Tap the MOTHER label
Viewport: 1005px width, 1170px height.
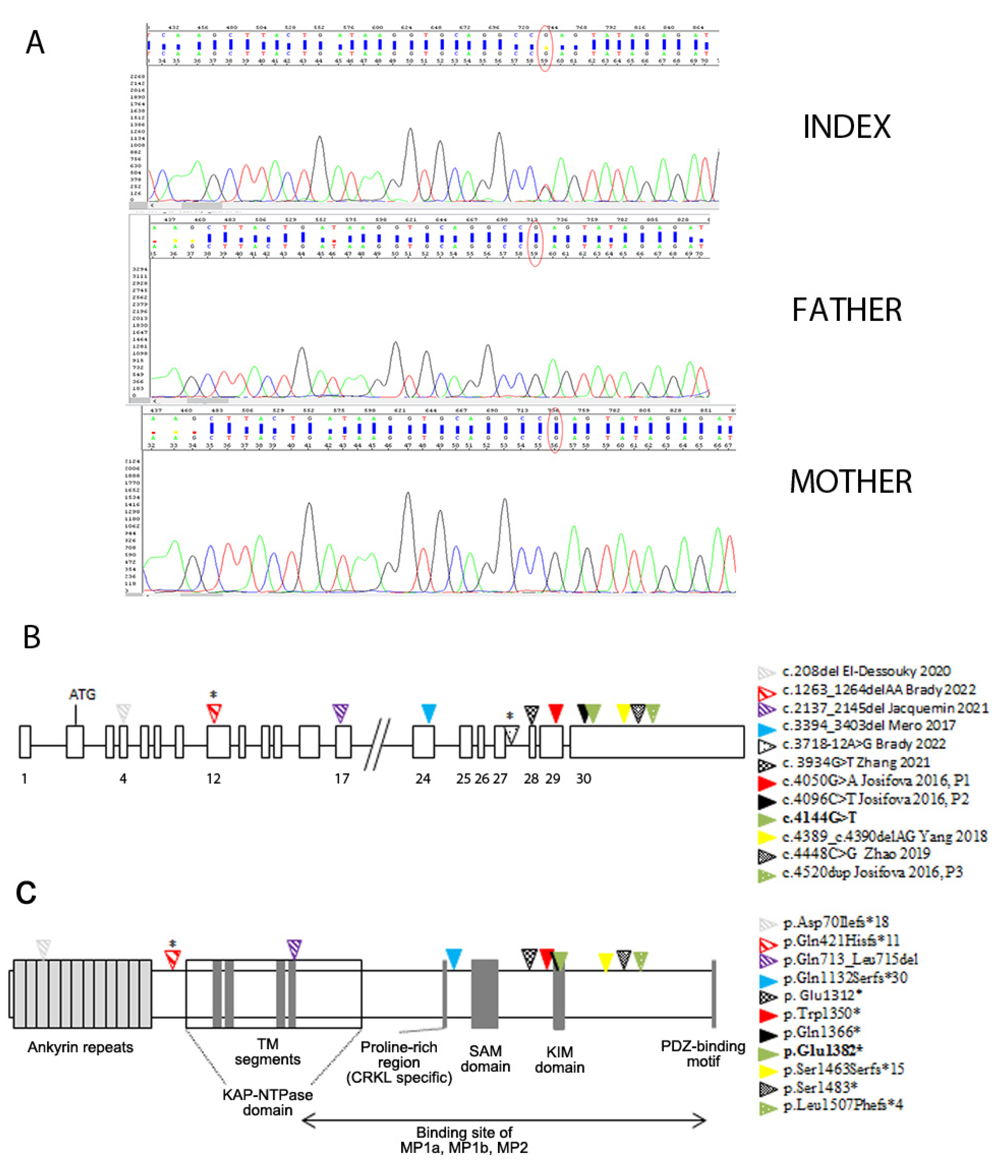850,482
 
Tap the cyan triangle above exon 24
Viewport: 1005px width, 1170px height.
429,713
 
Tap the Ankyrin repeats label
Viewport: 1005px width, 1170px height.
80,1047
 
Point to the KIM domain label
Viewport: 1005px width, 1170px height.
559,1060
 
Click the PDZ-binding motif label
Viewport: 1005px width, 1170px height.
703,1054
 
